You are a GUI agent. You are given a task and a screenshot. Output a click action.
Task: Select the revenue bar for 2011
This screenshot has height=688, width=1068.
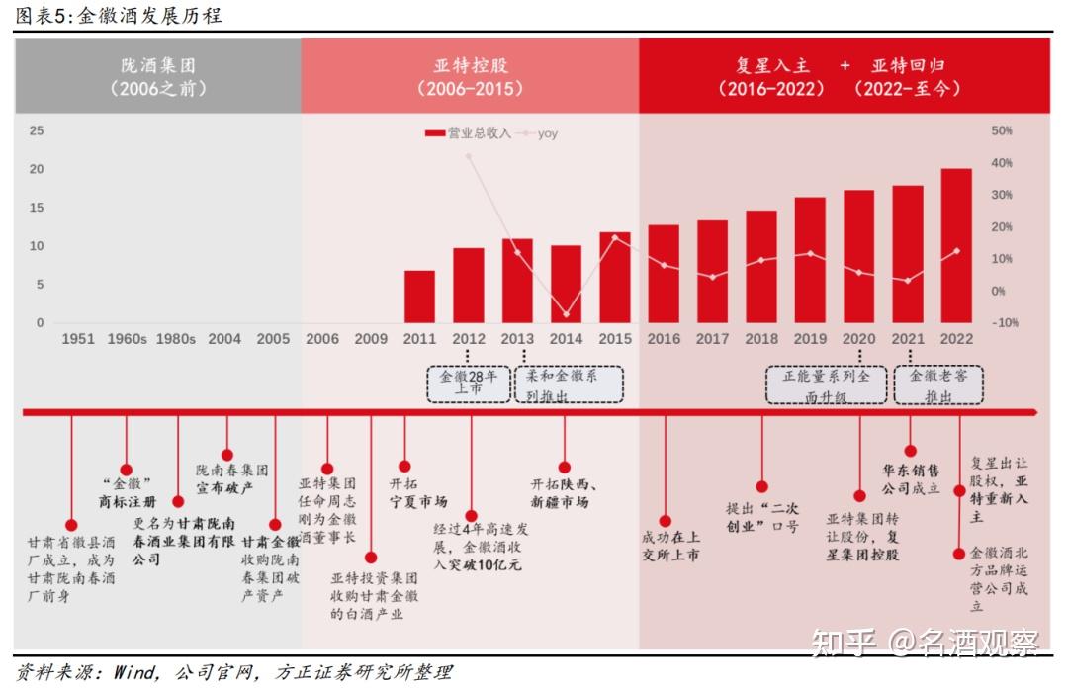pyautogui.click(x=419, y=297)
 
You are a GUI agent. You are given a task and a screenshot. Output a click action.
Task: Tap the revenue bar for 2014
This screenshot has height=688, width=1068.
pyautogui.click(x=566, y=284)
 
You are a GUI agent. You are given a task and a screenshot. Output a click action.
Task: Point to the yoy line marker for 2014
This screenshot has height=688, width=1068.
pyautogui.click(x=567, y=314)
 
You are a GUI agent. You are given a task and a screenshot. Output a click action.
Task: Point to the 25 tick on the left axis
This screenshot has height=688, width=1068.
pyautogui.click(x=36, y=130)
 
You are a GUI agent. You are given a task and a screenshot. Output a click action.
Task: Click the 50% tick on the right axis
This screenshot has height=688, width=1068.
pyautogui.click(x=1001, y=130)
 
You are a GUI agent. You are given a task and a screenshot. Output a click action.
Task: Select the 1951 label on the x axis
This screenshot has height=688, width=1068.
pyautogui.click(x=78, y=339)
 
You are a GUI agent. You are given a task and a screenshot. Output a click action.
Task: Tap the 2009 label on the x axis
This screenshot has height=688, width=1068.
pyautogui.click(x=371, y=339)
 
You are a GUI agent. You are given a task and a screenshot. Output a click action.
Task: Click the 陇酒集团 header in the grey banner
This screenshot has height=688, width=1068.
pyautogui.click(x=158, y=66)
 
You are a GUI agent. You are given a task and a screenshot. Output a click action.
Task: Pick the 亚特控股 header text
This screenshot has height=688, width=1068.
pyautogui.click(x=471, y=66)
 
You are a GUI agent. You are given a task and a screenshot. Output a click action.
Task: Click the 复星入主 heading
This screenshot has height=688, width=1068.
pyautogui.click(x=772, y=66)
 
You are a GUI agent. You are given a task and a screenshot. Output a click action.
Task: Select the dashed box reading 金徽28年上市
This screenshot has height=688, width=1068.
pyautogui.click(x=468, y=384)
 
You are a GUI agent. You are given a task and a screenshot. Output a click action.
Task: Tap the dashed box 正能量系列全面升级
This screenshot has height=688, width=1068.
pyautogui.click(x=827, y=384)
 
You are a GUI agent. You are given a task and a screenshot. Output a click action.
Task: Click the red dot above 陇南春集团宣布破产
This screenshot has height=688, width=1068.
pyautogui.click(x=227, y=455)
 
